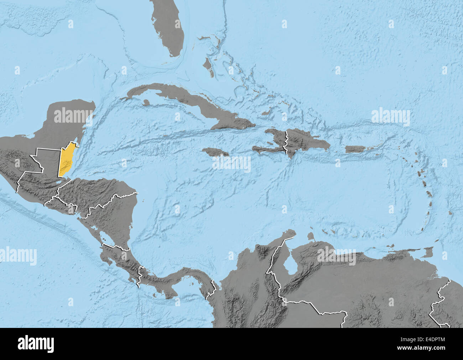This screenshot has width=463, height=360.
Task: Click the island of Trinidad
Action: (x=426, y=253)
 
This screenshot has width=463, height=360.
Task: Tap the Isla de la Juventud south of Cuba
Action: (x=145, y=102)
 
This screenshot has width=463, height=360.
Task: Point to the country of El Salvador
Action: (x=61, y=207)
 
